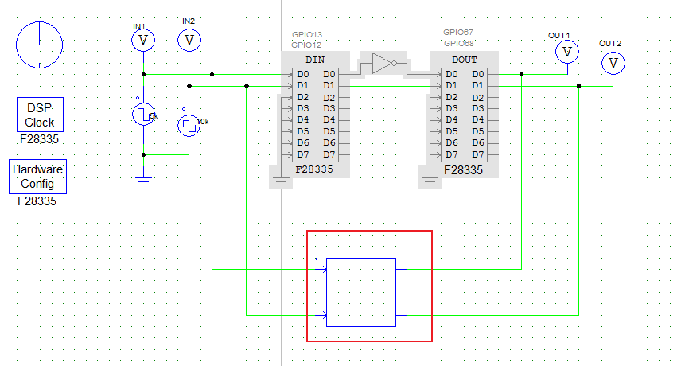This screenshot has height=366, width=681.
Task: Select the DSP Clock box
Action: pos(40,115)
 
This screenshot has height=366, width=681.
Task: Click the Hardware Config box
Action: pos(38,177)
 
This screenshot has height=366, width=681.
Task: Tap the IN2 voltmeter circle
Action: pos(189,39)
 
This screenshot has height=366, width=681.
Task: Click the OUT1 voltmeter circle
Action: pos(566,52)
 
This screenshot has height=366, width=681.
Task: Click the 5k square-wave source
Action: pos(142,115)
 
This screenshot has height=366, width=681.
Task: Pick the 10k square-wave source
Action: pos(188,125)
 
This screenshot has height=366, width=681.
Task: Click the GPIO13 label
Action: pos(307,35)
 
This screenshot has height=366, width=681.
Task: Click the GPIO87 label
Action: pos(457,33)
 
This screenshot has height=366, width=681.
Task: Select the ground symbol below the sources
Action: pos(143,181)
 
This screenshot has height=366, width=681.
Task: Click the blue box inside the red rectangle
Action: pos(361,292)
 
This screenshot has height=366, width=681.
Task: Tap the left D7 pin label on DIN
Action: pos(302,154)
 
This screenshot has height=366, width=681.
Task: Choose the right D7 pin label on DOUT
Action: pos(477,154)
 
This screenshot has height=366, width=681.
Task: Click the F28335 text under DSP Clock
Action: pos(40,139)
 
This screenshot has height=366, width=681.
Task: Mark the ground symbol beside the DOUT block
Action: pos(430,183)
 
